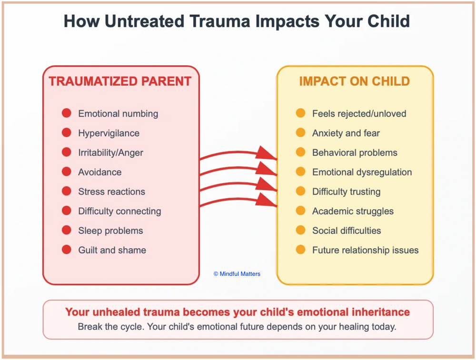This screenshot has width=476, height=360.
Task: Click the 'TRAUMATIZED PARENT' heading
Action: tap(120, 81)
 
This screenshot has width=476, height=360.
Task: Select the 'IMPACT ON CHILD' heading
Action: tap(354, 81)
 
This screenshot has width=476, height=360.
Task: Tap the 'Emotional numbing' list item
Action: tap(118, 114)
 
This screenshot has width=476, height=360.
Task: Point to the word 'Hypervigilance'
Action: tap(109, 133)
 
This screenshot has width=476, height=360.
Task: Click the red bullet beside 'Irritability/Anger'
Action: tap(67, 152)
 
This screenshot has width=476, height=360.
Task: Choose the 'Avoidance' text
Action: tap(99, 172)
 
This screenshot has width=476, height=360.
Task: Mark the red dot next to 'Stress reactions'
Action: tap(67, 191)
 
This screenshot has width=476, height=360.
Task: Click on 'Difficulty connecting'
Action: tap(119, 211)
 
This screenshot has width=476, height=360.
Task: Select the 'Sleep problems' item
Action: tap(110, 231)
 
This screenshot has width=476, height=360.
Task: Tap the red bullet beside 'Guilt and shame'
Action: tap(67, 250)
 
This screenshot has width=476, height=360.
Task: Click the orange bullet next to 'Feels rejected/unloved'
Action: tap(300, 113)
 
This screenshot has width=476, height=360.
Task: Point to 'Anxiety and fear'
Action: tap(346, 133)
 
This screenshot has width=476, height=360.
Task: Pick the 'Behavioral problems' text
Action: tap(355, 153)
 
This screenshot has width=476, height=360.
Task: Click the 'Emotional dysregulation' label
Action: tap(362, 172)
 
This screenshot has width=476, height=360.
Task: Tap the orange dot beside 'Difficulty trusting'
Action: tap(300, 191)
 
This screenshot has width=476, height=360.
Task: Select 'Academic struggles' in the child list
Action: tap(353, 211)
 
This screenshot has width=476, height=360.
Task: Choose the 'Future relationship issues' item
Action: tap(365, 250)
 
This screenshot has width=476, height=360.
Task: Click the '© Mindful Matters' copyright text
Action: tap(237, 274)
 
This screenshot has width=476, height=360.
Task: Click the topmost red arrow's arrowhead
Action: tap(267, 153)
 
